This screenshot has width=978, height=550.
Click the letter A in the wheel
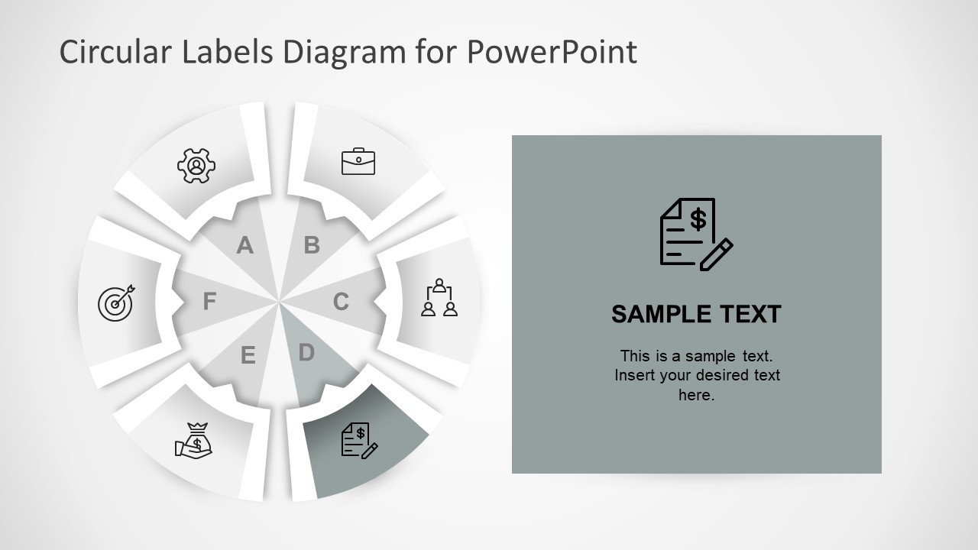click(244, 245)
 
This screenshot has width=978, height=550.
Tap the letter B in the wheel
click(312, 245)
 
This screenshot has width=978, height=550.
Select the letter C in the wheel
click(341, 302)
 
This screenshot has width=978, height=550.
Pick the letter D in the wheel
click(306, 353)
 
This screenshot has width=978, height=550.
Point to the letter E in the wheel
click(248, 356)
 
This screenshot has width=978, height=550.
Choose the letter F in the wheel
click(209, 302)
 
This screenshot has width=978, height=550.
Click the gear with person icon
click(196, 164)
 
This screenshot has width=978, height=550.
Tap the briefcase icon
click(358, 161)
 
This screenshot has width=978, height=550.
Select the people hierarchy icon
click(439, 298)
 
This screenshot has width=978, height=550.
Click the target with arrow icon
click(116, 302)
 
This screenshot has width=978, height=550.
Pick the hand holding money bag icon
click(194, 441)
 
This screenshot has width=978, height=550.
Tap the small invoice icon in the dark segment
click(358, 441)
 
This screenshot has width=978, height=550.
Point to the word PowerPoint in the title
click(551, 52)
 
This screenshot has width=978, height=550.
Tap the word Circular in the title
click(115, 52)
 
